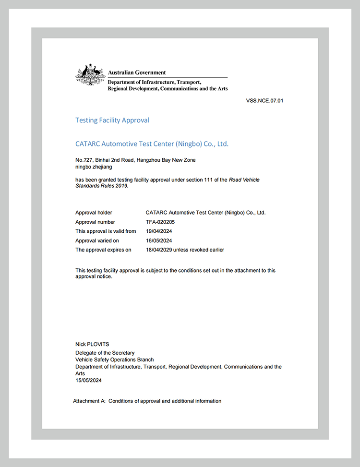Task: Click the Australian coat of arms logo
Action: [x=90, y=75]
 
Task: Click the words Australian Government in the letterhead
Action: [x=137, y=72]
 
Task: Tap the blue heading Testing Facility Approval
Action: [x=112, y=120]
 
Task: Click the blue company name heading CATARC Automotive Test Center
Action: [x=152, y=144]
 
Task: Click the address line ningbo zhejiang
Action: [x=94, y=167]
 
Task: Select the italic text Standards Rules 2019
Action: [x=102, y=186]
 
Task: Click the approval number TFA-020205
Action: [x=161, y=222]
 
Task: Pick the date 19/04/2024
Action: [x=159, y=231]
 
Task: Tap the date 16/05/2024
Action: [x=159, y=240]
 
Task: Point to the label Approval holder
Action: [x=94, y=213]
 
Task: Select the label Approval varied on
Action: [x=97, y=240]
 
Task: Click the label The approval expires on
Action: [x=103, y=250]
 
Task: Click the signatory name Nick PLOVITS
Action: [x=92, y=344]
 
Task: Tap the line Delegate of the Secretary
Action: [x=105, y=353]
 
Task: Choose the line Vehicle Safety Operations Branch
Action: [x=115, y=359]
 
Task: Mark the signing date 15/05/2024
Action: [x=89, y=380]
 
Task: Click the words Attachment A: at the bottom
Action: [x=89, y=401]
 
